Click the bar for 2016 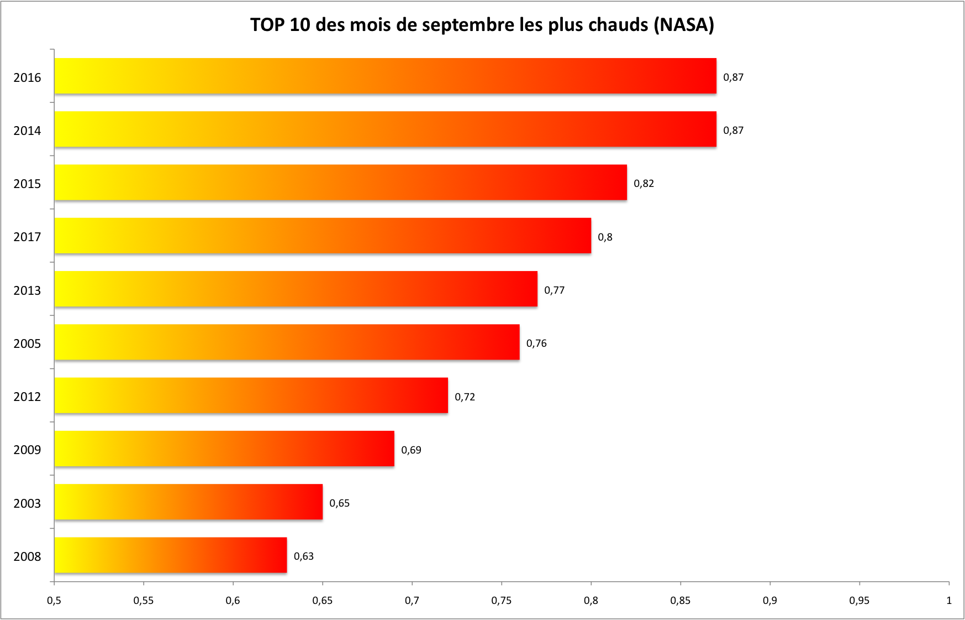point(385,76)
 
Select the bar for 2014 point(385,129)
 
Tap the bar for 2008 point(170,555)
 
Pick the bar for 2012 point(251,395)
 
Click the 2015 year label point(27,184)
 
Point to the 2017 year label point(27,237)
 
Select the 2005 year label point(27,343)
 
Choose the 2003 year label point(27,503)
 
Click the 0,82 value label point(644,184)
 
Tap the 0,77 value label point(554,290)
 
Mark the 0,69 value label point(411,450)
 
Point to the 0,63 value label point(303,556)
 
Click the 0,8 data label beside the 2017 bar point(605,237)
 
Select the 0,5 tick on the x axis point(54,601)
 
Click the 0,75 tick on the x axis point(501,601)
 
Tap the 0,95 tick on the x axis point(859,601)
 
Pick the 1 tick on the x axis point(948,601)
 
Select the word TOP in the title point(267,25)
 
